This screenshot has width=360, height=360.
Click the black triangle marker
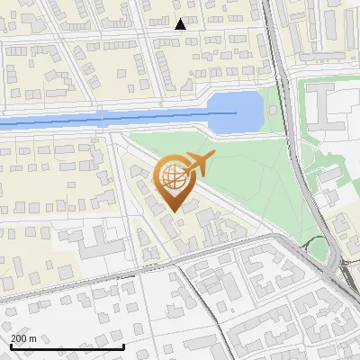point(181,24)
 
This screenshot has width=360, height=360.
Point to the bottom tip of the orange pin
point(173,211)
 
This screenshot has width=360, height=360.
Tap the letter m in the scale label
point(33,337)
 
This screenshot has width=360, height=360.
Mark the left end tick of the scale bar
point(11,346)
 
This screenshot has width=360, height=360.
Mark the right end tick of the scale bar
point(123,346)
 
